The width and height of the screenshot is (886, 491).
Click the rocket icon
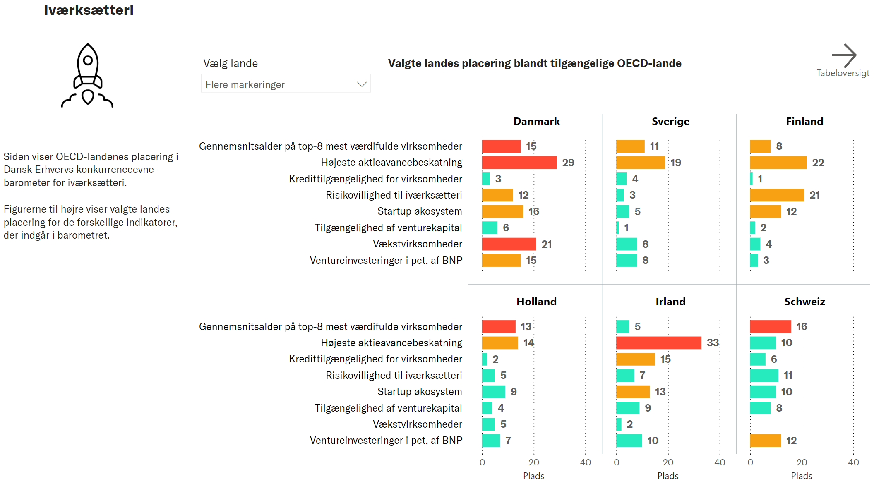pyautogui.click(x=87, y=75)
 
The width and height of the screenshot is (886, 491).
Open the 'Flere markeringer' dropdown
pyautogui.click(x=286, y=84)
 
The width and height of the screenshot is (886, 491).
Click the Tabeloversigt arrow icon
pyautogui.click(x=843, y=55)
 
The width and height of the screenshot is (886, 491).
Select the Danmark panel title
pyautogui.click(x=536, y=122)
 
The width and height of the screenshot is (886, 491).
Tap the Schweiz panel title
pyautogui.click(x=804, y=302)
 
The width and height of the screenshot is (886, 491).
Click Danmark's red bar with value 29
pyautogui.click(x=519, y=163)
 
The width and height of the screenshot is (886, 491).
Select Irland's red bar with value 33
pyautogui.click(x=658, y=343)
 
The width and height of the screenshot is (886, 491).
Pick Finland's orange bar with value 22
pyautogui.click(x=778, y=163)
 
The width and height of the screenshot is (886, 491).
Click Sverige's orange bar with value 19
pyautogui.click(x=640, y=163)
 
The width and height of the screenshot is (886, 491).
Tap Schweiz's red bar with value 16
pyautogui.click(x=770, y=327)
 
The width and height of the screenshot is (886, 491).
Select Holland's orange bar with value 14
pyautogui.click(x=500, y=343)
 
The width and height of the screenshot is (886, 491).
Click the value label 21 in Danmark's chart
pyautogui.click(x=547, y=244)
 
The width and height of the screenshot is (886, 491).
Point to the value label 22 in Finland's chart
pyautogui.click(x=818, y=163)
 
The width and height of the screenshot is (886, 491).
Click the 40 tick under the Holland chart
pyautogui.click(x=585, y=462)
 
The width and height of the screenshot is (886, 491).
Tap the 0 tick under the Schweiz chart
pyautogui.click(x=750, y=462)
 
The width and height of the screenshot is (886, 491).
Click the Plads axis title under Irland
pyautogui.click(x=668, y=476)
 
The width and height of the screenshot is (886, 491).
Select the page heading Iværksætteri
pyautogui.click(x=89, y=10)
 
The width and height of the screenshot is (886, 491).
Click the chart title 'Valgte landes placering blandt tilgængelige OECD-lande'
pyautogui.click(x=534, y=63)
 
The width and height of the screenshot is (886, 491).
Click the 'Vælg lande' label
pyautogui.click(x=231, y=63)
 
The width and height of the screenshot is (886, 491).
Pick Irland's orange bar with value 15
pyautogui.click(x=635, y=359)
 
